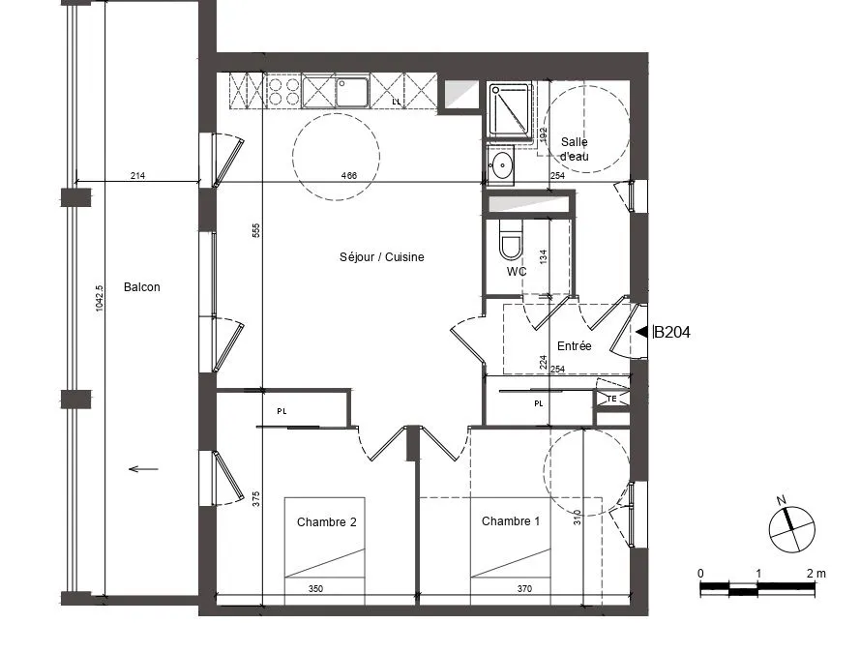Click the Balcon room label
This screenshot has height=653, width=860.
(141, 286)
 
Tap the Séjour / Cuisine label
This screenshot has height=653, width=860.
(382, 256)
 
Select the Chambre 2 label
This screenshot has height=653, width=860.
(326, 522)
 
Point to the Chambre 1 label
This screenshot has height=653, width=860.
(511, 520)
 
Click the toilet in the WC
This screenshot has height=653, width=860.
(511, 239)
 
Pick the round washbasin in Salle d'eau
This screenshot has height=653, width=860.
(501, 164)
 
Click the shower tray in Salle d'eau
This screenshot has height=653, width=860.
(510, 109)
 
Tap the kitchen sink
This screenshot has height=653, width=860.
(352, 93)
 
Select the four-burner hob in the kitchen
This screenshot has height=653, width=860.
(283, 92)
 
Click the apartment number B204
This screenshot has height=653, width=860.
(672, 332)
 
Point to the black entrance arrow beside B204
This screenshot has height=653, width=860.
(641, 332)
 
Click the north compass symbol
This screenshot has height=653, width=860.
(791, 527)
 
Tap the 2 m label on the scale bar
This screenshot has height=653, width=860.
(816, 574)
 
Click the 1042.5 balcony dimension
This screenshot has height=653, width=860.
(100, 298)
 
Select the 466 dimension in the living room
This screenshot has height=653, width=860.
(349, 175)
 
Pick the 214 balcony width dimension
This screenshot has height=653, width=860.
(137, 175)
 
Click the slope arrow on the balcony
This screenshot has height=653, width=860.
(143, 469)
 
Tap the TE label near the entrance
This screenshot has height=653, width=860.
(611, 399)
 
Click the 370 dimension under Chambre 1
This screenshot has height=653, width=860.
(524, 589)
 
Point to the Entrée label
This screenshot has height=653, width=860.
(575, 346)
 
